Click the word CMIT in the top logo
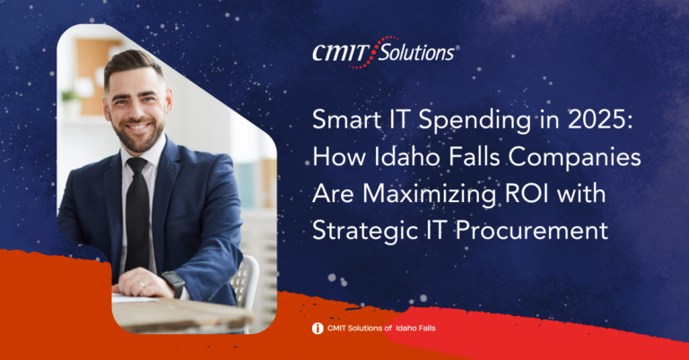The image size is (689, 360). [x=340, y=53]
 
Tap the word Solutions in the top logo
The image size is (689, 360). [x=416, y=53]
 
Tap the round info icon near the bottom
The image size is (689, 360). [x=318, y=329]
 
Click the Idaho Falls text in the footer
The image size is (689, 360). [x=415, y=328]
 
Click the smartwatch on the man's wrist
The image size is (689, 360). [x=174, y=283]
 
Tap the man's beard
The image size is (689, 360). [x=137, y=134]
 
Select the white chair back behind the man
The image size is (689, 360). [x=245, y=281]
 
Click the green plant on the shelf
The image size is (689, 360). [x=70, y=95]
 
